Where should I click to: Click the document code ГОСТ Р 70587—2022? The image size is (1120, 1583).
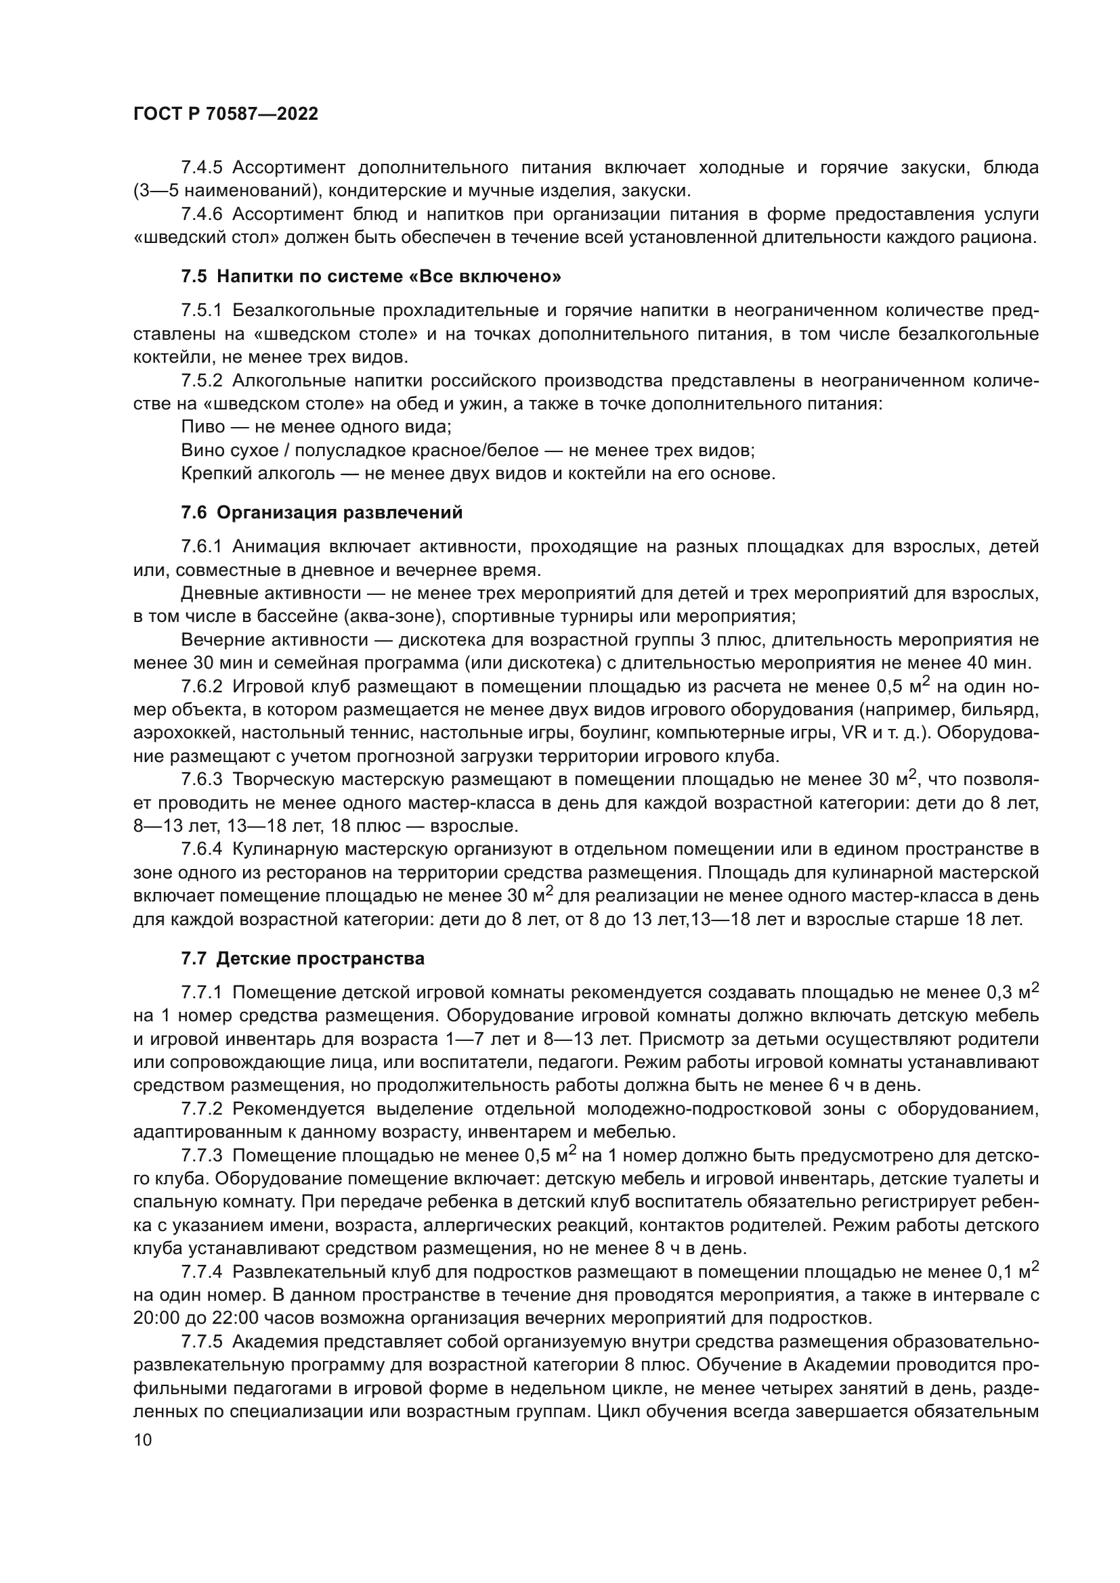point(225,114)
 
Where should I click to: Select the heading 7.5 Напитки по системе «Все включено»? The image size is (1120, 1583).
point(371,277)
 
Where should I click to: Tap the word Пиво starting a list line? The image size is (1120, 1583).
point(202,427)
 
